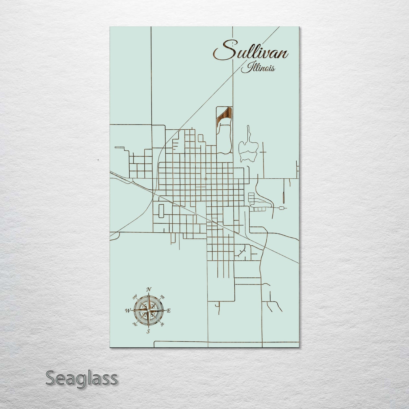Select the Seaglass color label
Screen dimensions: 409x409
tap(81, 378)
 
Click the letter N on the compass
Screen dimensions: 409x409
tap(148, 290)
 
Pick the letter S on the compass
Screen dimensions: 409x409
tap(148, 331)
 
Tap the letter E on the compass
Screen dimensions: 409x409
tap(169, 311)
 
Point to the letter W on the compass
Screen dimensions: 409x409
tap(127, 311)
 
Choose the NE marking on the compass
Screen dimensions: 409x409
tap(162, 297)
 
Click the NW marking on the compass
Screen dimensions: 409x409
tap(135, 297)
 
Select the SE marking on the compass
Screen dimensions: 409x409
tap(162, 324)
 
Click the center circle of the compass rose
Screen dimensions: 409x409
tap(148, 311)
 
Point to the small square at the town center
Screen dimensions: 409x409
tap(205, 179)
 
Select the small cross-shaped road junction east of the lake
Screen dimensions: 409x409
tap(264, 152)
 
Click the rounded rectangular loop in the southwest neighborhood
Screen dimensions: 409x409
tap(161, 211)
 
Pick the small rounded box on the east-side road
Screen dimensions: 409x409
tap(282, 208)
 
